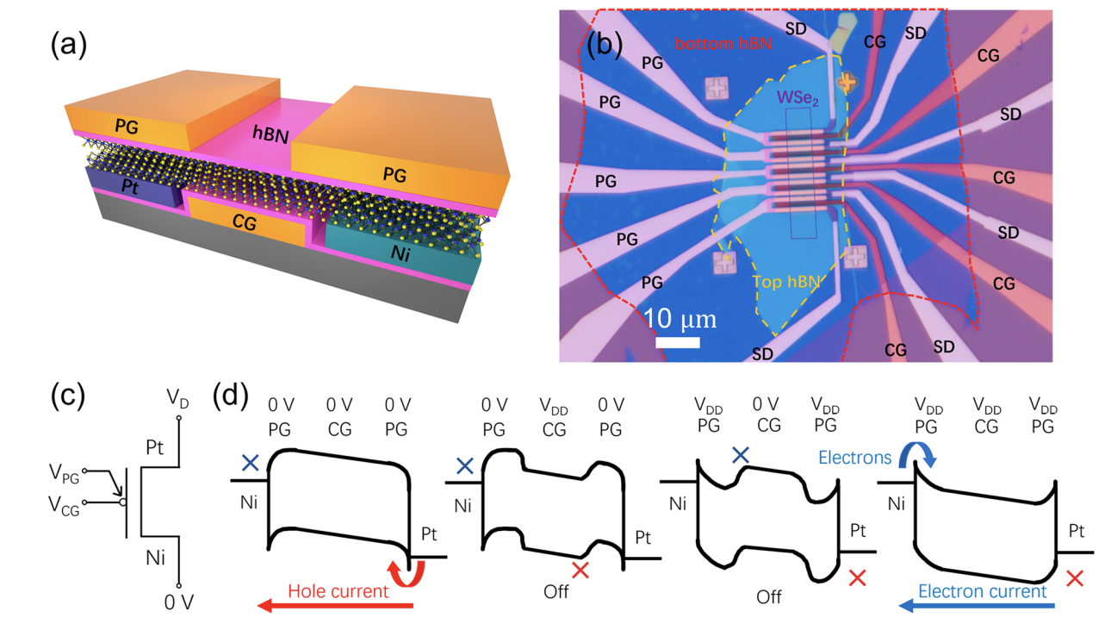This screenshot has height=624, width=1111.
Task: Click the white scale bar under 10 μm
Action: (x=677, y=342)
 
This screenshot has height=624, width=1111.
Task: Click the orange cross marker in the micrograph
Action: (x=847, y=83)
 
